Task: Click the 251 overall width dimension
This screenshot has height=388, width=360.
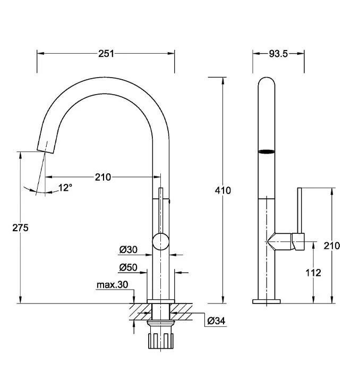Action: click(106, 53)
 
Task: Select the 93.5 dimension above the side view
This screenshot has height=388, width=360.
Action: click(278, 53)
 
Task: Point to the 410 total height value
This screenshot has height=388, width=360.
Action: click(223, 190)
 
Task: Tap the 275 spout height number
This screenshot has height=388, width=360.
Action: click(20, 227)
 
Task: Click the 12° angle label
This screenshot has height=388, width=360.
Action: click(65, 187)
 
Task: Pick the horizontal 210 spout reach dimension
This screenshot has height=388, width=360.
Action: click(102, 177)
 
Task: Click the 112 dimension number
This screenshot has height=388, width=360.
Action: click(314, 273)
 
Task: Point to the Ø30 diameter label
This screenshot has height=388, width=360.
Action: click(128, 249)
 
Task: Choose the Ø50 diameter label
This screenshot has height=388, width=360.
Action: click(128, 267)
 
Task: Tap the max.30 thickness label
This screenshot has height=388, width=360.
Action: click(112, 285)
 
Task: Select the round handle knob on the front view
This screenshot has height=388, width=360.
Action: click(160, 242)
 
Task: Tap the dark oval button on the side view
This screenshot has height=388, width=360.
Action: click(267, 152)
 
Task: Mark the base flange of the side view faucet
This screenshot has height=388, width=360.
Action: click(267, 301)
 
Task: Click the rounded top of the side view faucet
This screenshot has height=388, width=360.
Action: click(267, 84)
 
